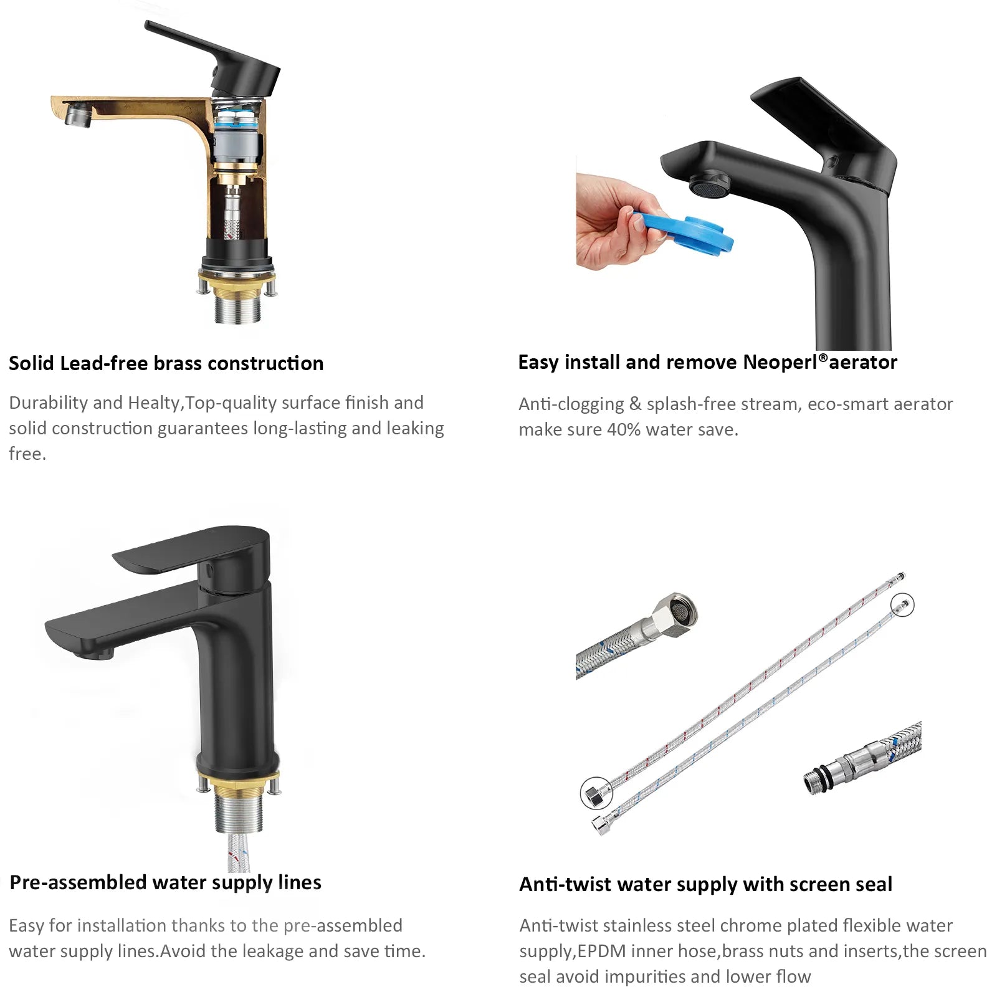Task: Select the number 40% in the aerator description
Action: click(x=623, y=429)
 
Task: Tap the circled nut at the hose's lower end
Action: click(x=596, y=794)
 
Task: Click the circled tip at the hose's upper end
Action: click(x=902, y=604)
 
